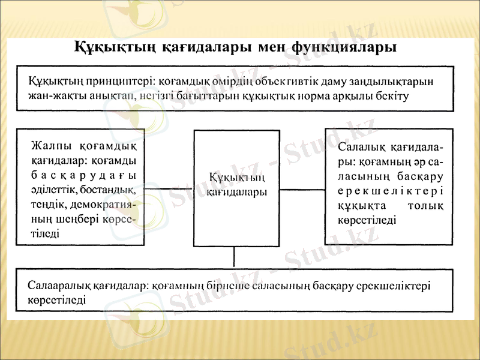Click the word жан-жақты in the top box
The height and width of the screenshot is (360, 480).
pos(52,95)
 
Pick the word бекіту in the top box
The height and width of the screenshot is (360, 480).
pos(392,95)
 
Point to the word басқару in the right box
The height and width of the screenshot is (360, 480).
pos(420,176)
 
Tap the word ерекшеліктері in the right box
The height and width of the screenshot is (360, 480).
pos(391,191)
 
